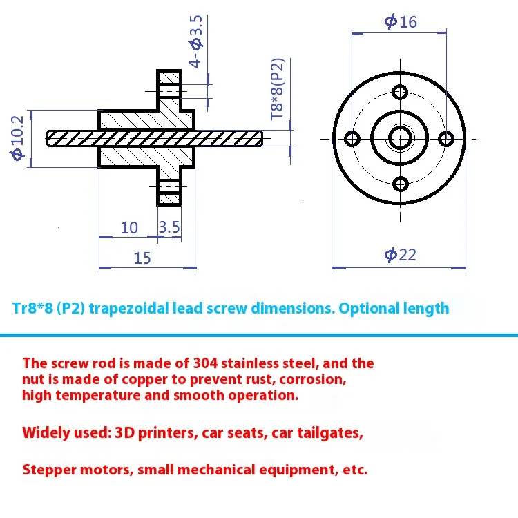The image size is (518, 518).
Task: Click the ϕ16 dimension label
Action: point(401,21)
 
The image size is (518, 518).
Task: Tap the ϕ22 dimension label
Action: point(401,255)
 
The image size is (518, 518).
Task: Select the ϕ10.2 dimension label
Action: point(18,138)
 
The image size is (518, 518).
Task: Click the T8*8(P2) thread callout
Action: point(278,88)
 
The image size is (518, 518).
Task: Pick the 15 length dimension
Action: point(142,258)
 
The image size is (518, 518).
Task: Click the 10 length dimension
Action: point(129,227)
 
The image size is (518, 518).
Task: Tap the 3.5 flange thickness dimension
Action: point(169,227)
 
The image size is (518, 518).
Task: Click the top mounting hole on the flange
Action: point(400,92)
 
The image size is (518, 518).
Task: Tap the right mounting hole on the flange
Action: point(447,138)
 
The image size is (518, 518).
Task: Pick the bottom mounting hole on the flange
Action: point(400,184)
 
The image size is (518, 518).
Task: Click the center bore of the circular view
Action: point(400,138)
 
